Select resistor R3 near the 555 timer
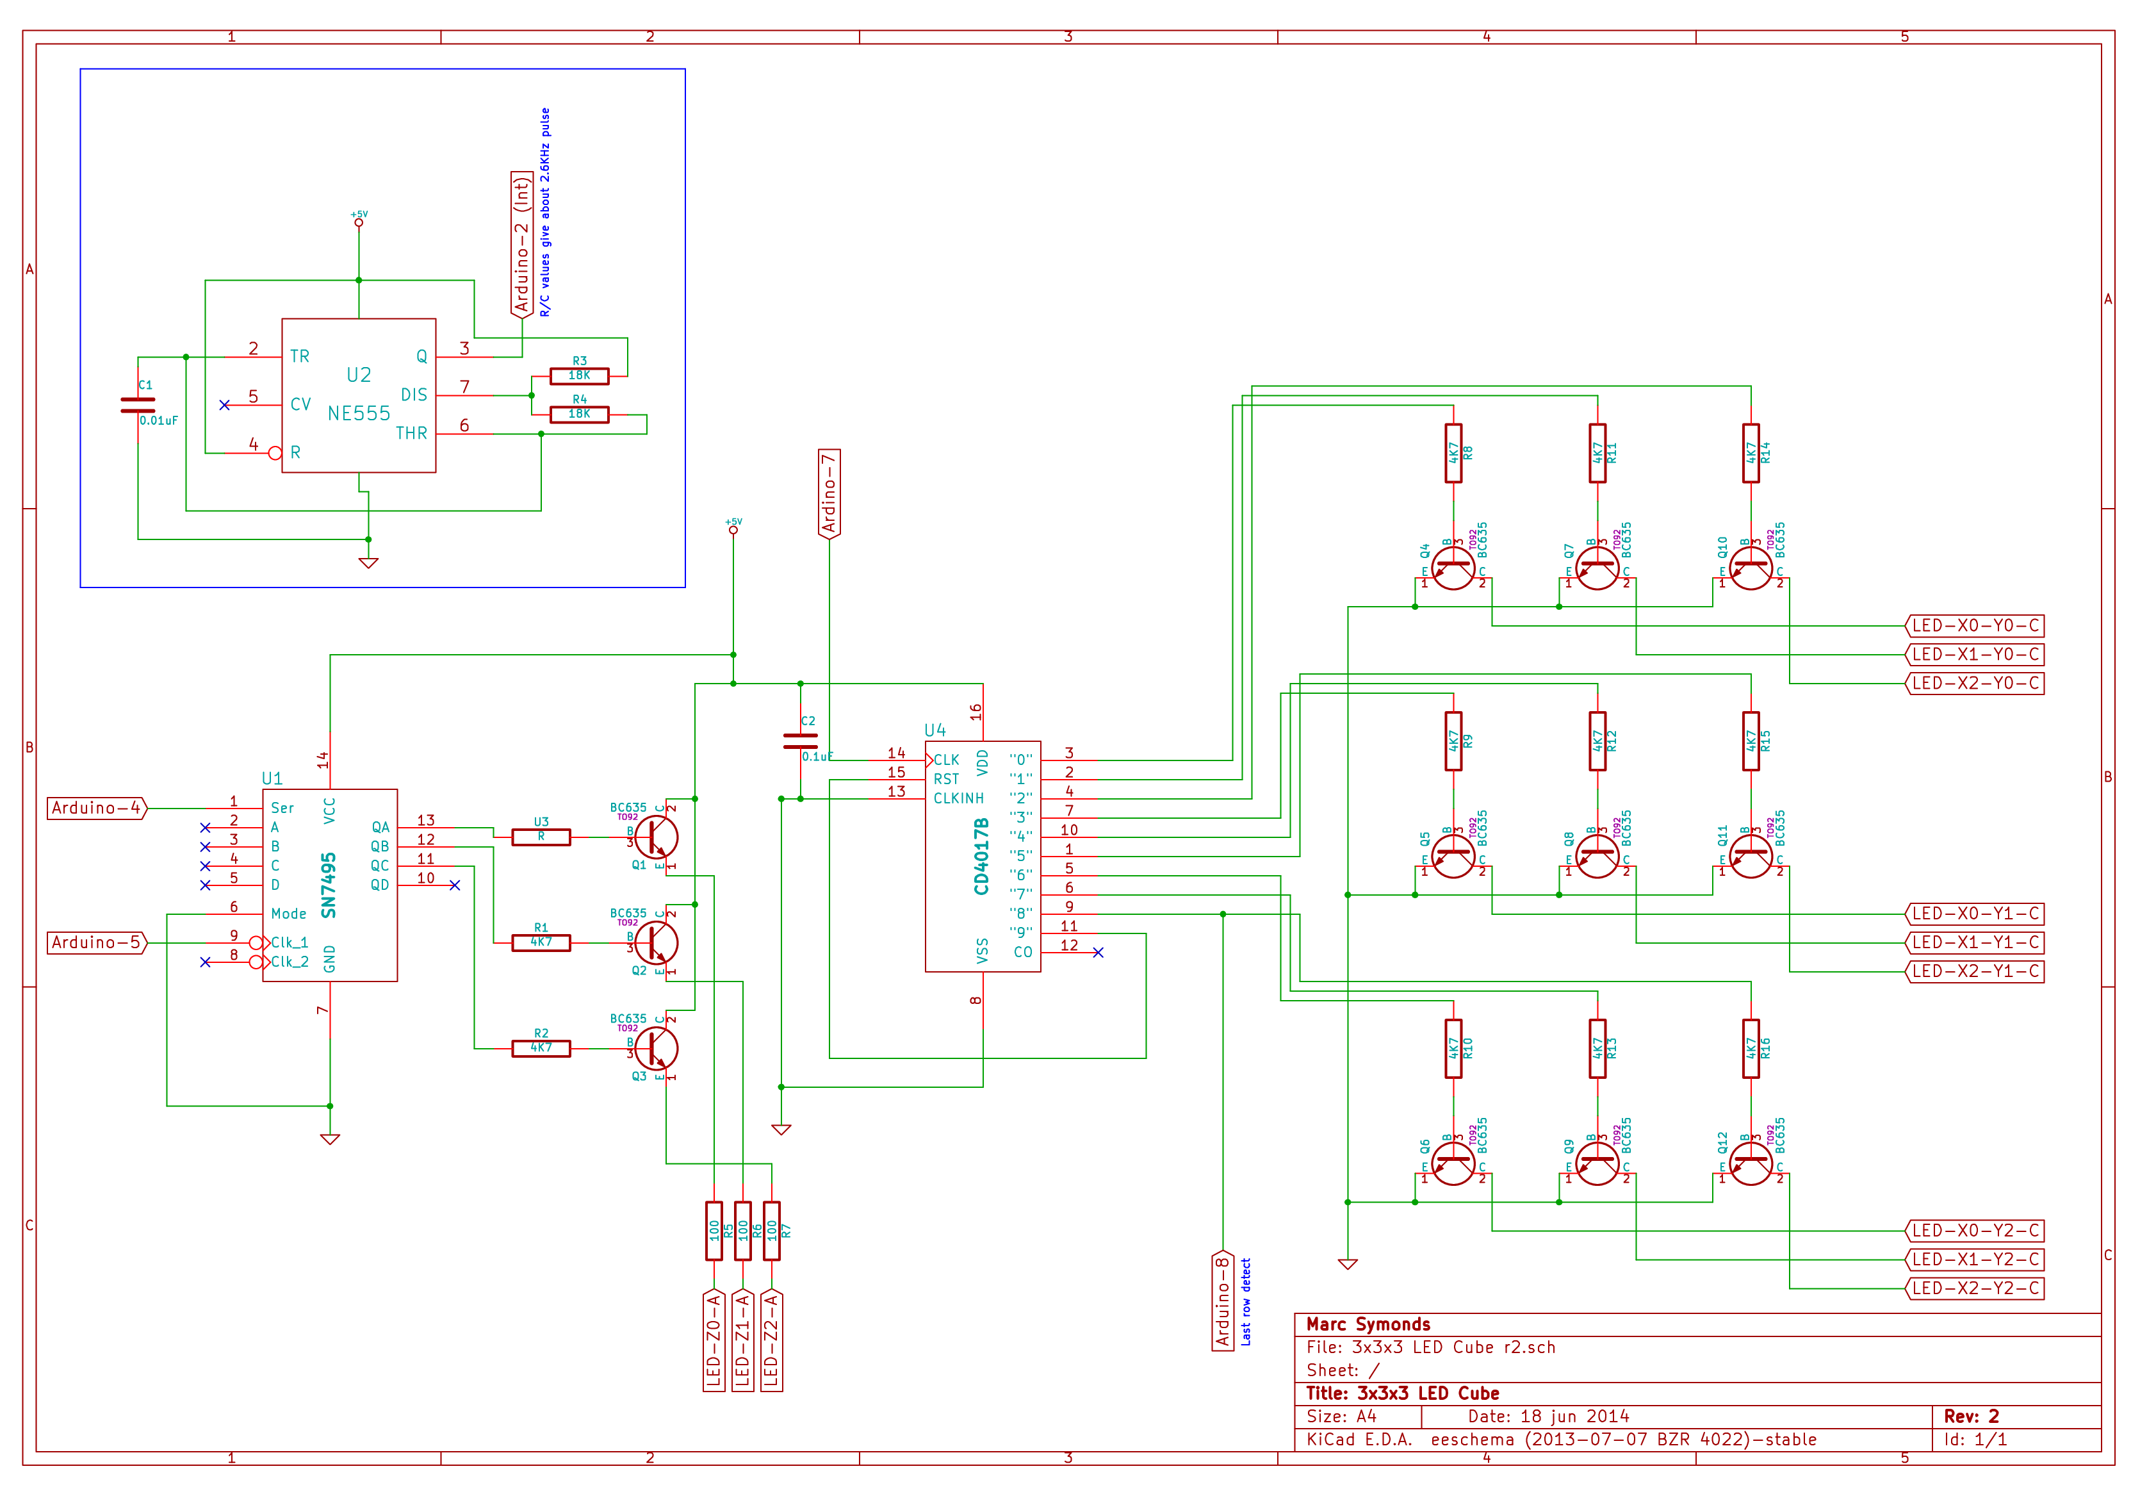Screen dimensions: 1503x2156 click(x=580, y=375)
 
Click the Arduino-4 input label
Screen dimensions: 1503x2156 click(x=97, y=808)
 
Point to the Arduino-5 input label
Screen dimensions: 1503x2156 click(x=97, y=942)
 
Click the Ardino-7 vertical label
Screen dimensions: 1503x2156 click(x=828, y=493)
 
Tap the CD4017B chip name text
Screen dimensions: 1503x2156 click(x=981, y=856)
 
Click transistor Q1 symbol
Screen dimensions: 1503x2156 click(x=655, y=836)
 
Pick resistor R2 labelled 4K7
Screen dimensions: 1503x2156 click(x=541, y=1048)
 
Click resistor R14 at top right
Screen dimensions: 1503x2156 click(x=1751, y=453)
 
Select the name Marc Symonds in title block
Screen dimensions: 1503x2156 click(x=1368, y=1324)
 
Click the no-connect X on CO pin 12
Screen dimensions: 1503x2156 click(x=1098, y=953)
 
